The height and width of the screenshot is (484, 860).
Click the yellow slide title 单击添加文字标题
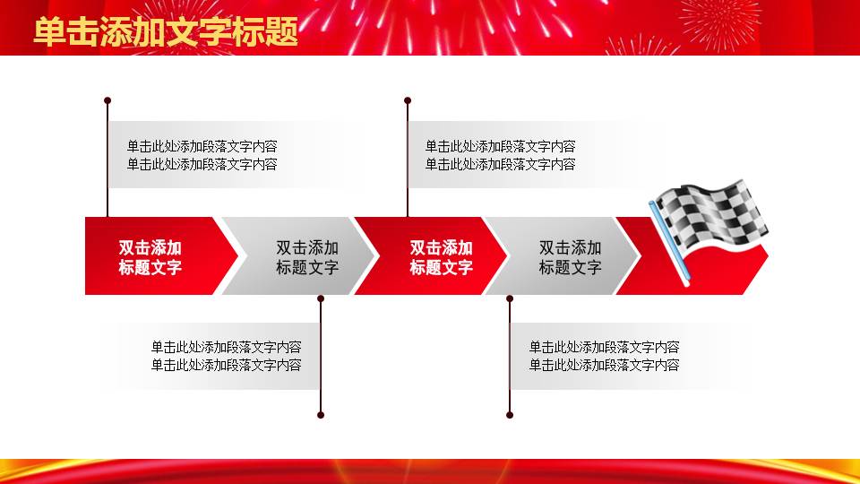(166, 32)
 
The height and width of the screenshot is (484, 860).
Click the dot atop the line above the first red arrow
(107, 100)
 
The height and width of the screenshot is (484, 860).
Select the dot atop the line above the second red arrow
(408, 100)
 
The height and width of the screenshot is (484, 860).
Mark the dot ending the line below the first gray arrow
(321, 415)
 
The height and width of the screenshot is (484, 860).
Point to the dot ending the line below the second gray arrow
(510, 415)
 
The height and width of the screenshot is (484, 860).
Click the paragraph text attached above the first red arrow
(202, 155)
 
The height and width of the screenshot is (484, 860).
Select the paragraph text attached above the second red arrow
(500, 155)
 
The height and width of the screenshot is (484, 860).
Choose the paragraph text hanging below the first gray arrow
(226, 356)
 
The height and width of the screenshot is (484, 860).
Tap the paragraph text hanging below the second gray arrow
(604, 356)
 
